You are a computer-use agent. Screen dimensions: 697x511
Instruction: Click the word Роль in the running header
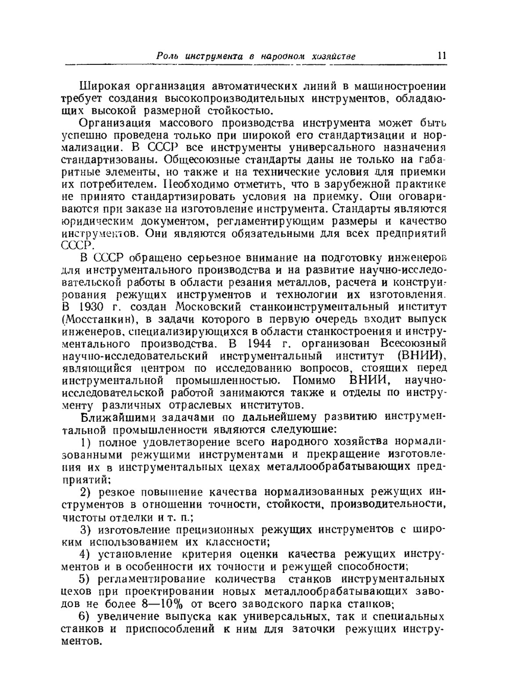[x=167, y=56]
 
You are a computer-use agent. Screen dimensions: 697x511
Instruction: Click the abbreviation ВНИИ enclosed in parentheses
[x=422, y=355]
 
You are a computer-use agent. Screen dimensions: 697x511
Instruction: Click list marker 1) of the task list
[x=86, y=442]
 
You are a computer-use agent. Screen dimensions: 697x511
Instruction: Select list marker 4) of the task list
[x=85, y=555]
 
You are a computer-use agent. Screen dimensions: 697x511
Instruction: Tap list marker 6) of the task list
[x=85, y=617]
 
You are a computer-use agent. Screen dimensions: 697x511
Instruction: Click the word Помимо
[x=315, y=380]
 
